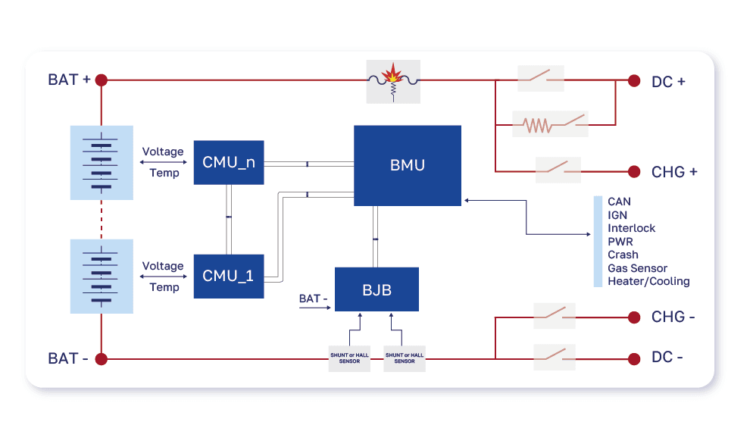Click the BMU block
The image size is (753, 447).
pyautogui.click(x=408, y=165)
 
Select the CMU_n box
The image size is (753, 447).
pyautogui.click(x=229, y=162)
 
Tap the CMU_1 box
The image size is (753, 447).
pyautogui.click(x=229, y=276)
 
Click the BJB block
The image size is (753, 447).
pyautogui.click(x=376, y=289)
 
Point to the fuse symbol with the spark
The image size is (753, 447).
pyautogui.click(x=392, y=81)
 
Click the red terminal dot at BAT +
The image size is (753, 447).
pyautogui.click(x=101, y=80)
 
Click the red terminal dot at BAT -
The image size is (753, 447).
pyautogui.click(x=101, y=358)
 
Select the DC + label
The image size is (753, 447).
pyautogui.click(x=668, y=82)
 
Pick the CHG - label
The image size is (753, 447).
pyautogui.click(x=673, y=317)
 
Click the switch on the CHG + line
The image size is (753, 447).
pyautogui.click(x=558, y=170)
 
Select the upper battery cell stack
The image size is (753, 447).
pyautogui.click(x=101, y=162)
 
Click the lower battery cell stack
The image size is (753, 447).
pyautogui.click(x=101, y=276)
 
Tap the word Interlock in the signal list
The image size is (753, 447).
pyautogui.click(x=631, y=228)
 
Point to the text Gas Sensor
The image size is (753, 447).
pyautogui.click(x=637, y=268)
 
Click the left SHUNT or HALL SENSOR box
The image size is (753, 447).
pyautogui.click(x=349, y=358)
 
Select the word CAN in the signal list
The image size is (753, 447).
pyautogui.click(x=619, y=202)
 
